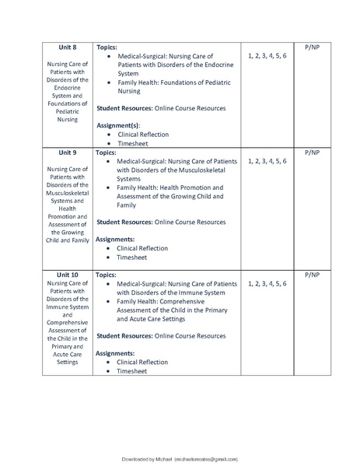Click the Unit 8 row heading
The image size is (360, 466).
[68, 47]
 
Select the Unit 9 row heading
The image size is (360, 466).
[68, 153]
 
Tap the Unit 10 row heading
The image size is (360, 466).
[68, 275]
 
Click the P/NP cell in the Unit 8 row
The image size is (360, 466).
[311, 47]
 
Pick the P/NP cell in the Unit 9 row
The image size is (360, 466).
[311, 153]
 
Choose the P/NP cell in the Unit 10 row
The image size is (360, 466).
[311, 275]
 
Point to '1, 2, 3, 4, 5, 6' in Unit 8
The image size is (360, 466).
[267, 56]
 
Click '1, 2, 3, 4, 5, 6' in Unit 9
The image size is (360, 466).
[267, 161]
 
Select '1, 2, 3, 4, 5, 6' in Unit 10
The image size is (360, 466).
[267, 284]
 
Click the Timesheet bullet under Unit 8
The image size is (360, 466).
[132, 144]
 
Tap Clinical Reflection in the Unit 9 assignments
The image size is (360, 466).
[142, 248]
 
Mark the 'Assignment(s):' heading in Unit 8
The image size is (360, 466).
[118, 125]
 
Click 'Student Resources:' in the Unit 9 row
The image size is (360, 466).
[124, 222]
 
